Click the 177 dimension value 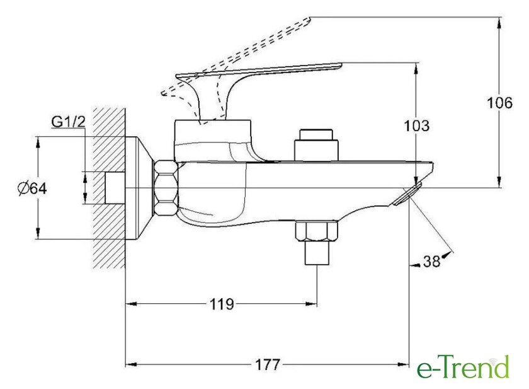(268, 365)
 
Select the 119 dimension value (222, 305)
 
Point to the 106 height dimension (499, 103)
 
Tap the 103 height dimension (417, 125)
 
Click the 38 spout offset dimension (432, 261)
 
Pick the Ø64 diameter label (32, 189)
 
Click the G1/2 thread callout (68, 122)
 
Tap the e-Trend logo (464, 367)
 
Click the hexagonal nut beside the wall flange (166, 187)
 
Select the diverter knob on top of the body (316, 144)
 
